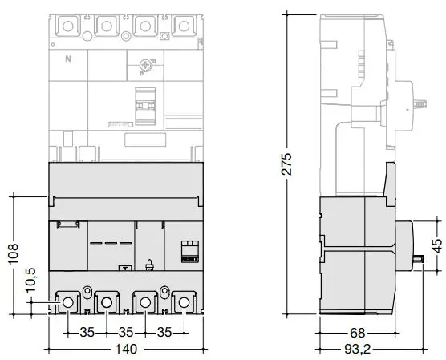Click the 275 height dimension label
coord(286,164)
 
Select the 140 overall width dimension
coord(126,350)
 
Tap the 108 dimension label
coord(14,254)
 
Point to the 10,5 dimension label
coord(30,280)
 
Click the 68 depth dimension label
coord(357,333)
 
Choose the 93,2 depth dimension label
coord(358,350)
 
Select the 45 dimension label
coord(437,245)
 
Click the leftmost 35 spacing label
coord(87,332)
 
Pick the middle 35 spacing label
coord(126,332)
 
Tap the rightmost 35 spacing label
coord(164,332)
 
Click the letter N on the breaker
coord(68,59)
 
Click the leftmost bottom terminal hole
coord(67,302)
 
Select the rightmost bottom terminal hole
coord(184,302)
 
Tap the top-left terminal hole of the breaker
coord(67,26)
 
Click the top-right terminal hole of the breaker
coord(184,26)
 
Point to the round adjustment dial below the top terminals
coord(146,66)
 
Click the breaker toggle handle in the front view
coord(145,106)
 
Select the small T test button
coord(125,268)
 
